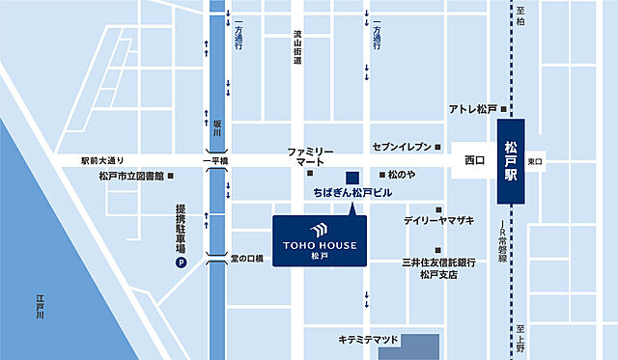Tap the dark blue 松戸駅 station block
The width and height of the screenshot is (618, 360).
pyautogui.click(x=511, y=160)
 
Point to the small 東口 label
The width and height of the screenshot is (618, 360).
pyautogui.click(x=536, y=160)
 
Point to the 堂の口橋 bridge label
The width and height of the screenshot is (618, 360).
pyautogui.click(x=246, y=259)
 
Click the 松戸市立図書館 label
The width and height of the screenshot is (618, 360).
pyautogui.click(x=130, y=176)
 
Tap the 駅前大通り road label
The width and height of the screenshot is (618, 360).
pyautogui.click(x=103, y=160)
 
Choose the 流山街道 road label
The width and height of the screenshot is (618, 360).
pyautogui.click(x=298, y=47)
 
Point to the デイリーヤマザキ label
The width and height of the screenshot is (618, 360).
pyautogui.click(x=439, y=221)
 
